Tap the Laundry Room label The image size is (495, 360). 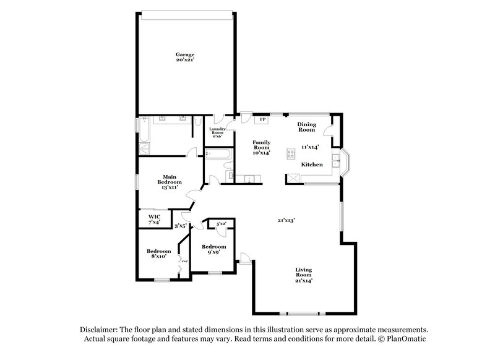click(217, 132)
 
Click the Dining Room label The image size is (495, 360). click(308, 127)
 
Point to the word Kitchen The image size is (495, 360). click(312, 165)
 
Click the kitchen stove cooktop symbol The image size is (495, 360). click(290, 153)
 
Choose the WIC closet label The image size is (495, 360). click(154, 219)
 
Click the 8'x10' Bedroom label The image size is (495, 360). click(158, 254)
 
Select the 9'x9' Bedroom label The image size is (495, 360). click(214, 249)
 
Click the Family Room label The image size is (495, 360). click(262, 148)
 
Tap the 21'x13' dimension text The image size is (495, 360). click(285, 220)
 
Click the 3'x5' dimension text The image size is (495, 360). click(181, 226)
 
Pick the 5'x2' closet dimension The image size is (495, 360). click(221, 223)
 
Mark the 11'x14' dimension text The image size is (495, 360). click(309, 147)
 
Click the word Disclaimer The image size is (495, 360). click(100, 330)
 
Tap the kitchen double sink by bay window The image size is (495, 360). click(337, 162)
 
